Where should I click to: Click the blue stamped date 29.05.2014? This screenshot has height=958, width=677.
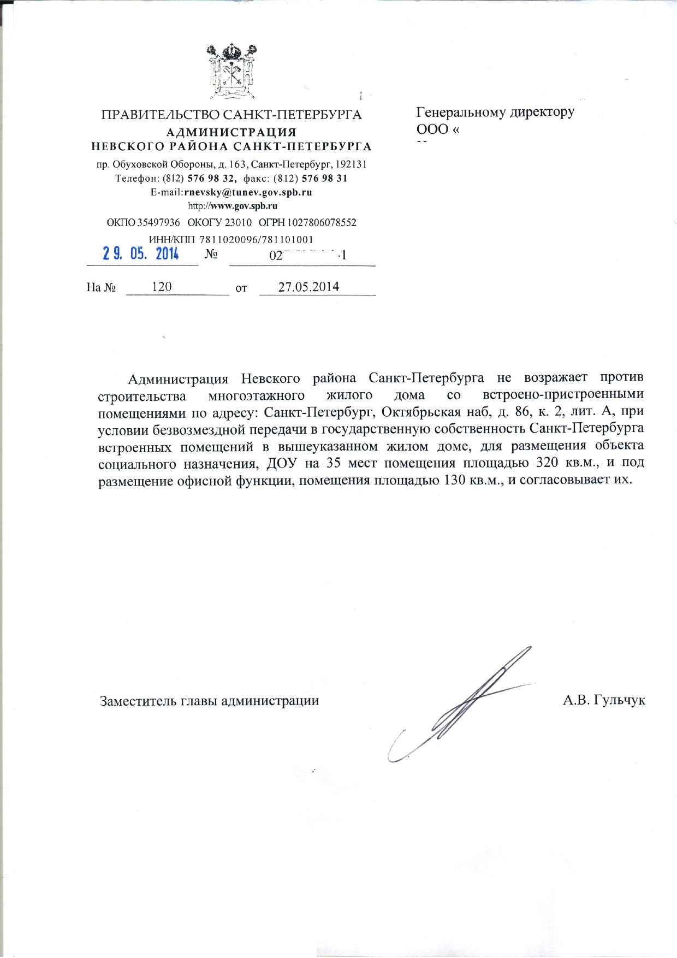coord(141,254)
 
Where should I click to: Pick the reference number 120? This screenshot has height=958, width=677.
coord(162,287)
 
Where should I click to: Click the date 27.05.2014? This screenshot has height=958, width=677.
coord(308,287)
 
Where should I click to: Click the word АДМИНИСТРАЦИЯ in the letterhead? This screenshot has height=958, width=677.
coord(231,132)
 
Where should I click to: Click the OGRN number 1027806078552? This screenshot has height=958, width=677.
coord(322,223)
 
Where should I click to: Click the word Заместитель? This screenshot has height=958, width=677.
coord(138,701)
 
